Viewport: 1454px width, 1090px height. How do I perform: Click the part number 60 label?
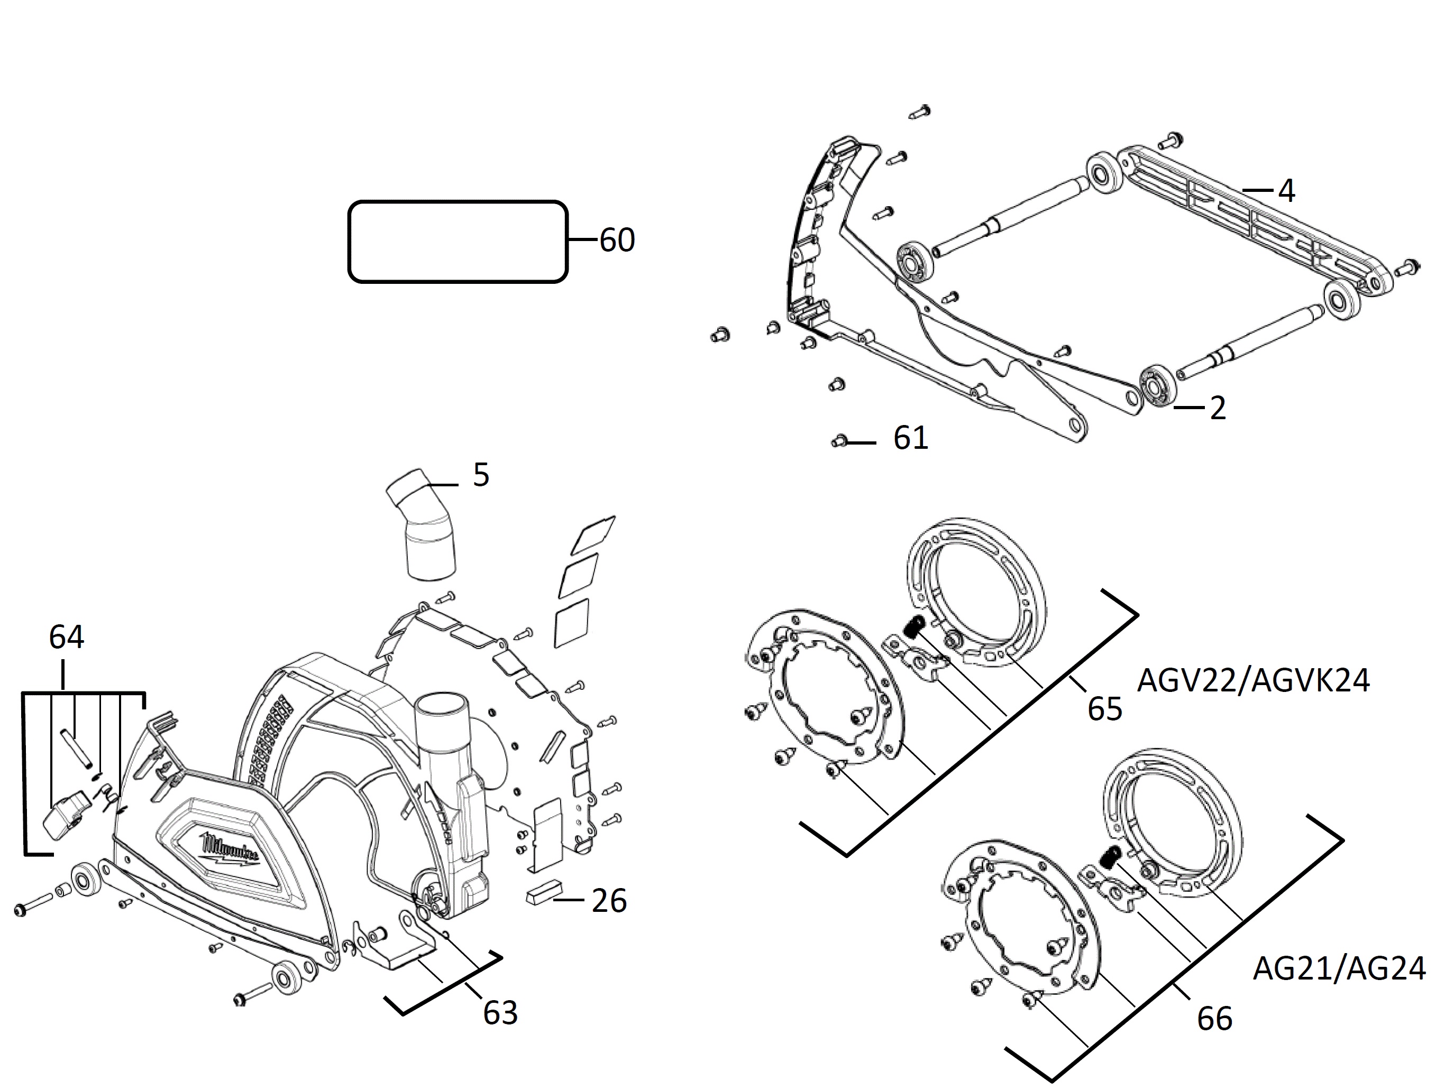click(617, 240)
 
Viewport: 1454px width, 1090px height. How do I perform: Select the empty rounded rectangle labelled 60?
click(458, 242)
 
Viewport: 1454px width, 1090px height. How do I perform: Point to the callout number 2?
click(1218, 409)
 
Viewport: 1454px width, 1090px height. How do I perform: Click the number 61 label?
click(910, 438)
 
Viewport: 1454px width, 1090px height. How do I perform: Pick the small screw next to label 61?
click(839, 441)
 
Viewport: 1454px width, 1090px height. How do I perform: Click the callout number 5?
click(481, 475)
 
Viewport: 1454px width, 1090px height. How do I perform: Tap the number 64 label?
click(67, 638)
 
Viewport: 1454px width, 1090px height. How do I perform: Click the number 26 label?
click(609, 901)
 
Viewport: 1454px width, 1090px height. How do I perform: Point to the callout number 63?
click(500, 1012)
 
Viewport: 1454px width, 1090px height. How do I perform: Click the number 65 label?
click(1105, 709)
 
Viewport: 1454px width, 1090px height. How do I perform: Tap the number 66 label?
click(1215, 1019)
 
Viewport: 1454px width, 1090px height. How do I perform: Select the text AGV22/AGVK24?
click(1254, 681)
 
